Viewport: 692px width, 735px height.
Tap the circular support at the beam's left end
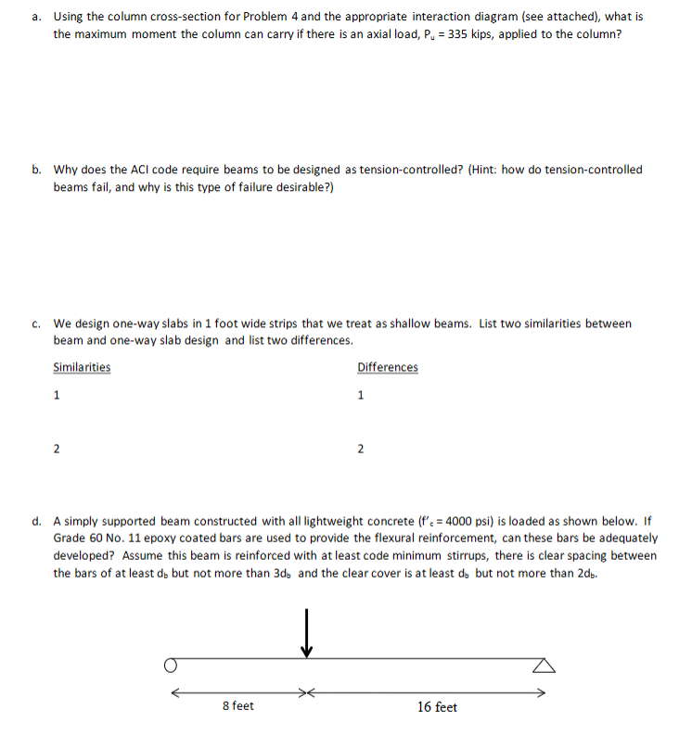(x=170, y=665)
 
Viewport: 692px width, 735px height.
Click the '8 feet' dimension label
(x=239, y=706)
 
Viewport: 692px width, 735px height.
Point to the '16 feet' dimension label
(x=436, y=707)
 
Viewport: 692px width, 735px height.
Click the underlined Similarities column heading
(x=82, y=367)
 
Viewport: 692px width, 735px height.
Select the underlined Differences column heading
(x=387, y=367)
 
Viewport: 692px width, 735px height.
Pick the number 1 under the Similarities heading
(x=57, y=396)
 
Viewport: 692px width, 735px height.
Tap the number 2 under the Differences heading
(x=361, y=450)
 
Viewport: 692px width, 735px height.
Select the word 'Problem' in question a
(x=261, y=17)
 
